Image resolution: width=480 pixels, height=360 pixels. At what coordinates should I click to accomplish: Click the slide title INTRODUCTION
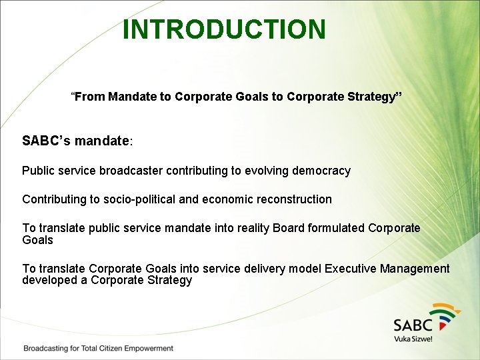tap(225, 29)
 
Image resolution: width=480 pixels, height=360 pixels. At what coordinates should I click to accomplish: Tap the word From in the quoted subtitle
tap(90, 97)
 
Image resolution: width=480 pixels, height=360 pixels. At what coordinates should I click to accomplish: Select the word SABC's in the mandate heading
tap(47, 141)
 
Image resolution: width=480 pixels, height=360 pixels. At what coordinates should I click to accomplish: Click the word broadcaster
tap(131, 171)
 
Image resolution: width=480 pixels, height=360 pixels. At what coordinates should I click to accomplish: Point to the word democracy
tap(317, 171)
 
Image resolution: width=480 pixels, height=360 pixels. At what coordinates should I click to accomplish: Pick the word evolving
tap(263, 171)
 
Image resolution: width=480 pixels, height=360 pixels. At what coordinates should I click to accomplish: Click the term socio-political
tap(140, 199)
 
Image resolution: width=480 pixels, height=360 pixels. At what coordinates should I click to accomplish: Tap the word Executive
tap(350, 269)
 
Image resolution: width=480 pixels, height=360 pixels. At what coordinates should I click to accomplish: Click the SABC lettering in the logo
tap(413, 325)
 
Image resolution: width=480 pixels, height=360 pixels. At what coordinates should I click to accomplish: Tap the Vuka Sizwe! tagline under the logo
tap(413, 339)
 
